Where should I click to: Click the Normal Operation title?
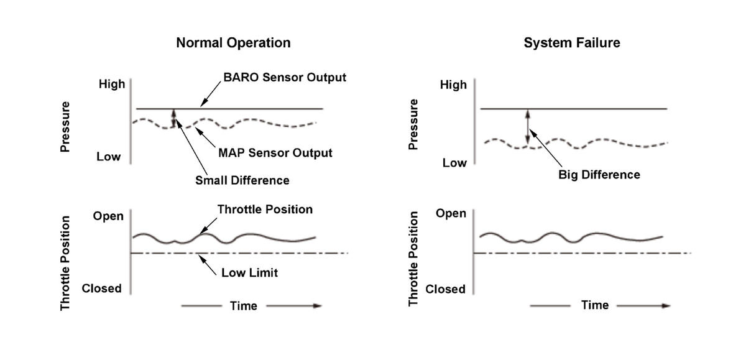point(233,43)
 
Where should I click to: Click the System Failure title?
point(572,43)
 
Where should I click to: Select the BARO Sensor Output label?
point(284,78)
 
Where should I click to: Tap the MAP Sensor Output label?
point(275,152)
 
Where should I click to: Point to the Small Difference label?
point(242,180)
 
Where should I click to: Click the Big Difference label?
point(599,175)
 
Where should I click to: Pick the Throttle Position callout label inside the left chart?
point(265,209)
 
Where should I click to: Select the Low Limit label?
point(249,272)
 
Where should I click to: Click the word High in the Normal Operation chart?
point(112,84)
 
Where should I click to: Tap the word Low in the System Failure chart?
point(454,163)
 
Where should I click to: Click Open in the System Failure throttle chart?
point(451,213)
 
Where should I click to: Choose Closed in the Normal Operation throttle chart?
point(102,288)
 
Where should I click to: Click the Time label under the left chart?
point(243,306)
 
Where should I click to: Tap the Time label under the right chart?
point(594,305)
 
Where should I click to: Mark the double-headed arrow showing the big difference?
point(527,128)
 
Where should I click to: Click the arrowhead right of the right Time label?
point(666,306)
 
